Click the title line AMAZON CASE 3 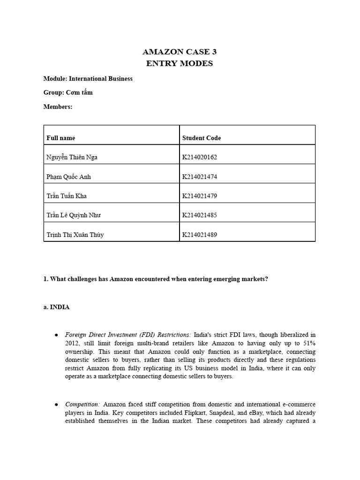tap(180, 52)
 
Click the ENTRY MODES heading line tap(180, 63)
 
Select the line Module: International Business tap(88, 78)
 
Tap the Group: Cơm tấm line tap(68, 92)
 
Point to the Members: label tap(58, 106)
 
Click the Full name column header tap(60, 138)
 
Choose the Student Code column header tap(201, 138)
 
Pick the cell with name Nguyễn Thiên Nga tap(72, 157)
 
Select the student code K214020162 tap(199, 157)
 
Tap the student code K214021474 tap(199, 177)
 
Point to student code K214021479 tap(199, 196)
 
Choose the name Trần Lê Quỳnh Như tap(74, 215)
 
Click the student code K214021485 tap(199, 215)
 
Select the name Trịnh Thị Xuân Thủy tap(75, 234)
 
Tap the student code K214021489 tap(199, 234)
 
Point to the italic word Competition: tap(82, 404)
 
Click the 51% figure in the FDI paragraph tap(308, 343)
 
